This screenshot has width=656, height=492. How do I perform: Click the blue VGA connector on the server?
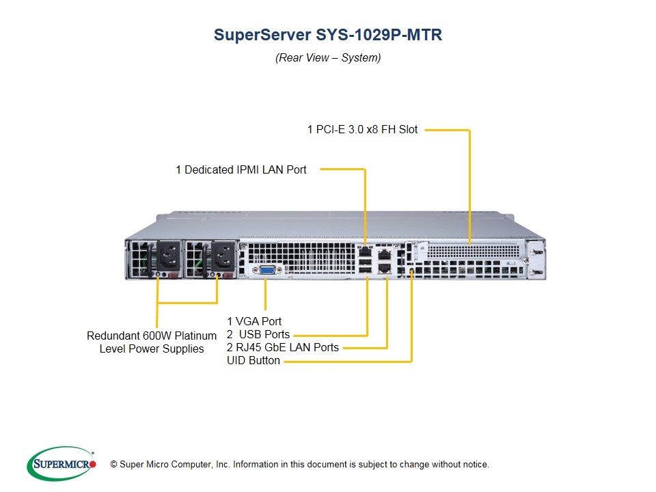(x=267, y=270)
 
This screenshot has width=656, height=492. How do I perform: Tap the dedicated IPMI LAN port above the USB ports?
(x=365, y=251)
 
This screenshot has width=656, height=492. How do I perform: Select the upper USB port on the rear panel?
(x=365, y=262)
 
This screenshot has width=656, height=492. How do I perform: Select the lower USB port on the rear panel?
(x=365, y=270)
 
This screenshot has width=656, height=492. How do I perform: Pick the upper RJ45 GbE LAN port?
(x=385, y=255)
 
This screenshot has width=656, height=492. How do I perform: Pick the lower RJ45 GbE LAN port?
(x=385, y=268)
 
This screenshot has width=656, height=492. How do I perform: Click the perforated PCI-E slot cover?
(x=474, y=251)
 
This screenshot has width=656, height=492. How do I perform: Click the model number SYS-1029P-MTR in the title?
(x=379, y=35)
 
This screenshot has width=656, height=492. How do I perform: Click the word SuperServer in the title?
(x=262, y=35)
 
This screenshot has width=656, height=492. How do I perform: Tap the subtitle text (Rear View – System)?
(x=328, y=57)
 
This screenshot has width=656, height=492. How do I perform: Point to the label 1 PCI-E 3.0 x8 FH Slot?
(x=362, y=130)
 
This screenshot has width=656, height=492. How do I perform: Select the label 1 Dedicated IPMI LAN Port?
(x=241, y=170)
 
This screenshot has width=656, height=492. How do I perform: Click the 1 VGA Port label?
(x=254, y=321)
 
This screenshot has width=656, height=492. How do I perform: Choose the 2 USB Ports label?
(x=258, y=334)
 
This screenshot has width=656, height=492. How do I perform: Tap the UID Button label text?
(x=254, y=360)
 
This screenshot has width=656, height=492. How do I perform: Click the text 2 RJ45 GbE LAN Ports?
(x=283, y=347)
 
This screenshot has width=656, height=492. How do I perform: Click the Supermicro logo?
(x=61, y=463)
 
